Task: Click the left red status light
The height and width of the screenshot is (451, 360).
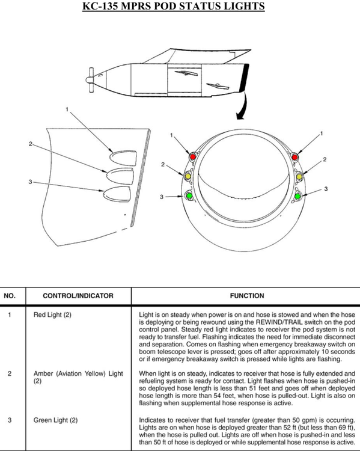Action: [193, 156]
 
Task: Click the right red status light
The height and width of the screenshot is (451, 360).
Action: [294, 157]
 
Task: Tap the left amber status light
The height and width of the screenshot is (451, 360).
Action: [188, 176]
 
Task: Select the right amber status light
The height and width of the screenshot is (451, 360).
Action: [299, 176]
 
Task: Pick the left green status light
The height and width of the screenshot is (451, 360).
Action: [189, 195]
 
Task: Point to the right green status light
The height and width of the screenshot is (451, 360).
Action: [297, 196]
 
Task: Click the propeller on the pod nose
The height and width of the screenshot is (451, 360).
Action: [90, 80]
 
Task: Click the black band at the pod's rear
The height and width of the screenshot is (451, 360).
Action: [243, 77]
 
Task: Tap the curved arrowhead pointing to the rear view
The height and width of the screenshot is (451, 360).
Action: [240, 115]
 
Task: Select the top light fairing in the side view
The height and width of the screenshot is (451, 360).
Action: [123, 158]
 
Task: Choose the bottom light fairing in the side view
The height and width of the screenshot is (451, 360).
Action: [117, 194]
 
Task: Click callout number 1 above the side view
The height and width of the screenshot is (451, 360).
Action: [67, 109]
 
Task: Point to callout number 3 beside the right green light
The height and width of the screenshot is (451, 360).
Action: [326, 189]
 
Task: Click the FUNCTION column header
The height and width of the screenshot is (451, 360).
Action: [246, 296]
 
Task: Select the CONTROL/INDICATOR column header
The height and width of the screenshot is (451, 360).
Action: [78, 296]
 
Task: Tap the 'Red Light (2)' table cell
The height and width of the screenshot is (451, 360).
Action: [52, 314]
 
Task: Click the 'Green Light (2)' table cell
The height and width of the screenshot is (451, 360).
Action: [55, 420]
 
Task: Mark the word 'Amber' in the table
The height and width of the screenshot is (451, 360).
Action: [43, 373]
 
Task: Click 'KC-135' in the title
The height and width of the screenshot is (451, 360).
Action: [100, 6]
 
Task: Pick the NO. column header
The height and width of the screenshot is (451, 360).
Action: [10, 296]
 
